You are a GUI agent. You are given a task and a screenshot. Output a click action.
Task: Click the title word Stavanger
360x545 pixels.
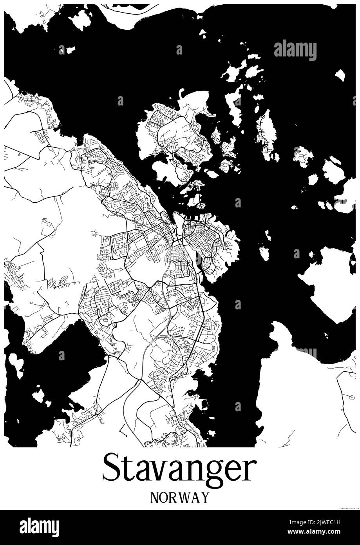point(179,469)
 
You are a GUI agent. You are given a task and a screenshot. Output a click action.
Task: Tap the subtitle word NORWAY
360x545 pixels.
point(179,497)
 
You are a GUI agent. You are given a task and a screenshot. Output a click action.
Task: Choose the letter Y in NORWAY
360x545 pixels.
point(204,497)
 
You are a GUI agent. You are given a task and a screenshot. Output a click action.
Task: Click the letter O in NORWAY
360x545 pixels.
point(163,497)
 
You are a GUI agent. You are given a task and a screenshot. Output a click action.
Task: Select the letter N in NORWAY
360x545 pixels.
point(154,497)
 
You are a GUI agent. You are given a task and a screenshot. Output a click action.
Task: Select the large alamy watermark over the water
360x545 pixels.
point(295,50)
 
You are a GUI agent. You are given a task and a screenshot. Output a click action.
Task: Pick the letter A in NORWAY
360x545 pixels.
point(195,497)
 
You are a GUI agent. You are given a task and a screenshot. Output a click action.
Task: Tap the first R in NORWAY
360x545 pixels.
point(172,497)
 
